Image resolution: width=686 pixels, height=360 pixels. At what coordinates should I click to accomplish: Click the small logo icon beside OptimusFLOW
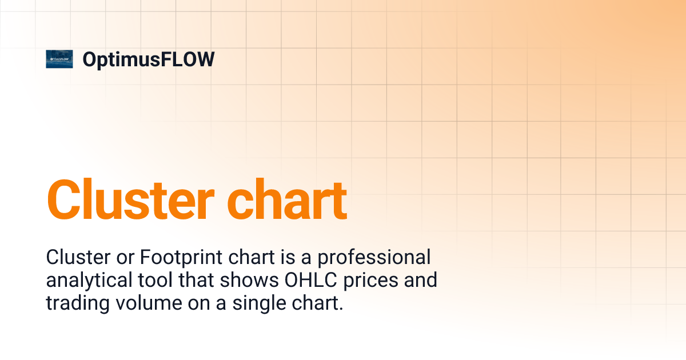pyautogui.click(x=59, y=59)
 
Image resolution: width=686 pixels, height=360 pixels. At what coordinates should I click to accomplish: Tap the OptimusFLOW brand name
pyautogui.click(x=149, y=59)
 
